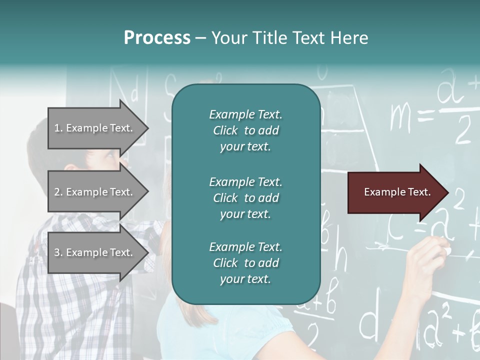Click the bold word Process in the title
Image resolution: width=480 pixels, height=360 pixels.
point(157,38)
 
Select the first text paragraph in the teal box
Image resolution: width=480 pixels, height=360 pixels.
point(245,130)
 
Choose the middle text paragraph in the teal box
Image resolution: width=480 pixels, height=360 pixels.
point(245,198)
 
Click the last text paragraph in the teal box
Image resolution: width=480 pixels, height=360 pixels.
point(245,263)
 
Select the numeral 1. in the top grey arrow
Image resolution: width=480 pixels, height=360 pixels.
point(58,128)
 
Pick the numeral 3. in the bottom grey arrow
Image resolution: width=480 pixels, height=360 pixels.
point(58,252)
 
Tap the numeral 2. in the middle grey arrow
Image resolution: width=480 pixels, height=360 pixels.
point(58,192)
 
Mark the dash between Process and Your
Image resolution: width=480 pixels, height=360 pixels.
point(200,38)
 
